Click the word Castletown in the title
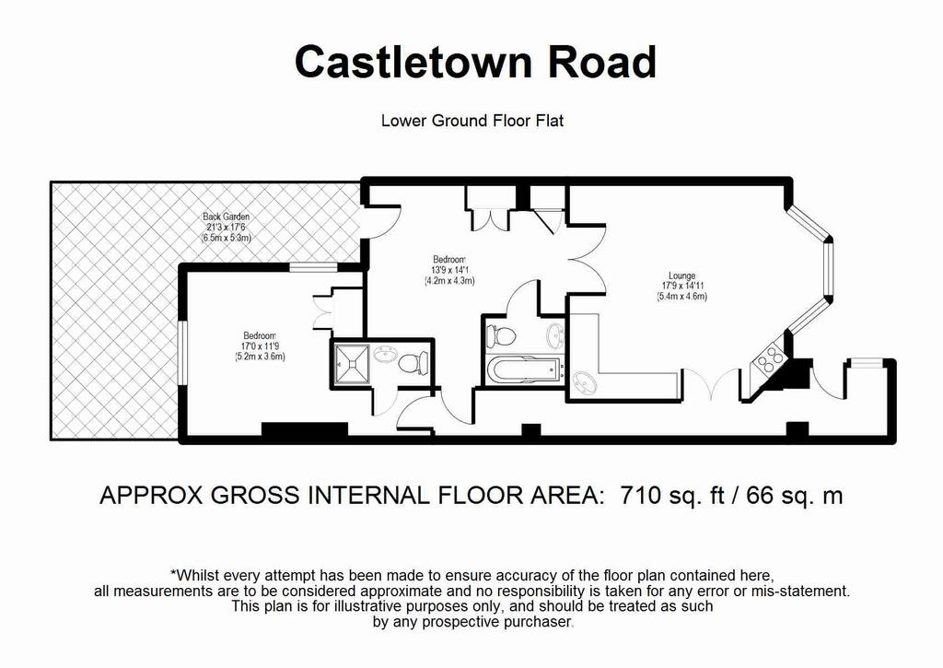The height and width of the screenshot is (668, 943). (x=413, y=62)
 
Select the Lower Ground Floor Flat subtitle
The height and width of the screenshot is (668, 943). (x=472, y=121)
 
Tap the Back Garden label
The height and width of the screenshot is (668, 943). (x=227, y=217)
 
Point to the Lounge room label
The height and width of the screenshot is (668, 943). (x=681, y=276)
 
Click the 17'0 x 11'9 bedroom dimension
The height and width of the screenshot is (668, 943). (x=260, y=346)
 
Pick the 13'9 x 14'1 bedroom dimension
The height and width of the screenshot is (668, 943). (x=449, y=270)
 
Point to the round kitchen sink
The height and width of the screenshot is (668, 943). (x=583, y=383)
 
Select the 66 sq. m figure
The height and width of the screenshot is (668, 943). (x=795, y=496)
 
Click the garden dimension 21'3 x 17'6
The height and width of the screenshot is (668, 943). (x=227, y=228)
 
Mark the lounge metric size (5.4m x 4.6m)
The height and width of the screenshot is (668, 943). (x=682, y=296)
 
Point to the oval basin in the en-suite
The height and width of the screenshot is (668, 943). (x=384, y=355)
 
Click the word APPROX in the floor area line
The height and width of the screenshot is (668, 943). (x=150, y=496)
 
